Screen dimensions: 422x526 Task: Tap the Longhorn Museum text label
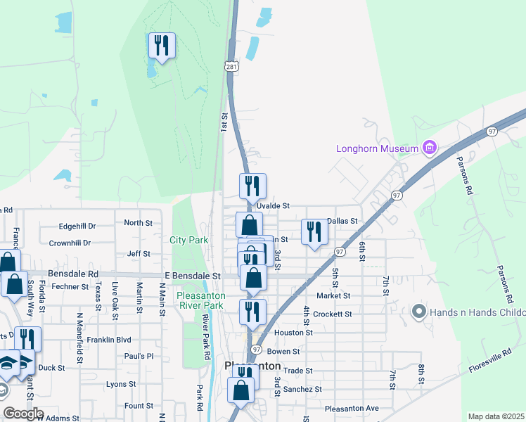point(378,148)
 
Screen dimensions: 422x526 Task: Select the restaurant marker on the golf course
point(162,46)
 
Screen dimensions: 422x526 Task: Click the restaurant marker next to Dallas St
point(314,232)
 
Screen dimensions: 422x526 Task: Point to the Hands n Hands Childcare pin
point(419,311)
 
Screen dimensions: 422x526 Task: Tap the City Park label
point(189,240)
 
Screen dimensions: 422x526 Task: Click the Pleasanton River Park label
point(200,301)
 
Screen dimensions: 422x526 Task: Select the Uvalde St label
point(274,205)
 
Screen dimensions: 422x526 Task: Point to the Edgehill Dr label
point(77,226)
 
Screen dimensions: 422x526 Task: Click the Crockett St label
point(333,314)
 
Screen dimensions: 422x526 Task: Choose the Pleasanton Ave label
point(352,408)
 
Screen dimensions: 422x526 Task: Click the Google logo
point(23,414)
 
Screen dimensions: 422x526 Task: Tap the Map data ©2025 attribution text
point(496,416)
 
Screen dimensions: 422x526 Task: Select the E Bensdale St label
point(193,276)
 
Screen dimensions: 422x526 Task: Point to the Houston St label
point(293,332)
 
